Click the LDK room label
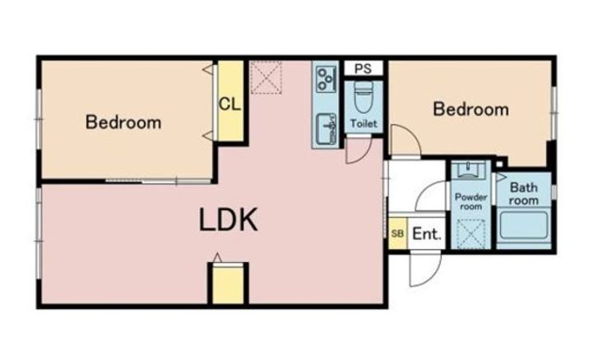[x=228, y=219]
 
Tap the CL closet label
[x=229, y=104]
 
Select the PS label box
[x=363, y=69]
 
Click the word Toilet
[x=363, y=123]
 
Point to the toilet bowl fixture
[x=363, y=98]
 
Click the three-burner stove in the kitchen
[x=326, y=78]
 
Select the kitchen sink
[x=326, y=129]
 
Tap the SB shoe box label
[x=397, y=233]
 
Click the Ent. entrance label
[x=427, y=234]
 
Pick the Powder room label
[x=471, y=202]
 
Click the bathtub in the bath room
[x=524, y=225]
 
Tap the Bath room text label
[x=523, y=194]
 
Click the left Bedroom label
[x=123, y=122]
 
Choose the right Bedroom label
[x=471, y=109]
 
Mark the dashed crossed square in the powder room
[x=471, y=234]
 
